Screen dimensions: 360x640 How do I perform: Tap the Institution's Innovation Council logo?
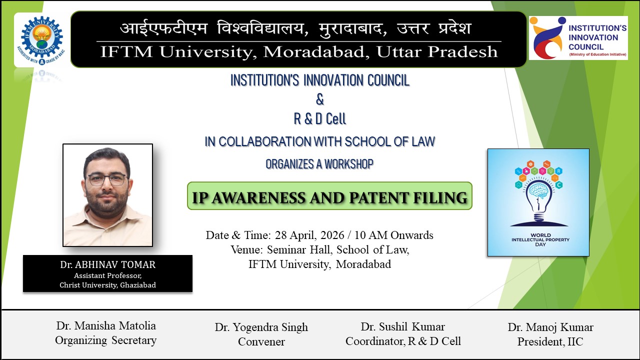pos(578,38)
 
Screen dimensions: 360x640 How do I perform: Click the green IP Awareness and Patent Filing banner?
pos(329,196)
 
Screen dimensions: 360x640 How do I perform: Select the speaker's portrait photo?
pos(107,195)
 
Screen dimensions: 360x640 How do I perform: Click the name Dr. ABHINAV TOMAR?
pos(107,265)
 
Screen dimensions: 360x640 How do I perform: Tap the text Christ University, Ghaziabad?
pos(107,285)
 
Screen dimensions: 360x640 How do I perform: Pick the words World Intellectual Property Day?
pos(540,240)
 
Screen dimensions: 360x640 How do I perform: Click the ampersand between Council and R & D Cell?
pos(320,99)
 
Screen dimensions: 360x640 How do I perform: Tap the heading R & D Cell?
pos(320,119)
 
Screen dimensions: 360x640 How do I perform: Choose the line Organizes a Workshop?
pos(319,164)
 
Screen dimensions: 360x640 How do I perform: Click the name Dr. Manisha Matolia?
pos(106,326)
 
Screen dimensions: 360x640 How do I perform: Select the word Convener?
pos(261,342)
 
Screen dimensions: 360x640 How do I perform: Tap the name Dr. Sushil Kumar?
pos(403,326)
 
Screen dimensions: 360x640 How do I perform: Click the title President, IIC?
pos(550,342)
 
